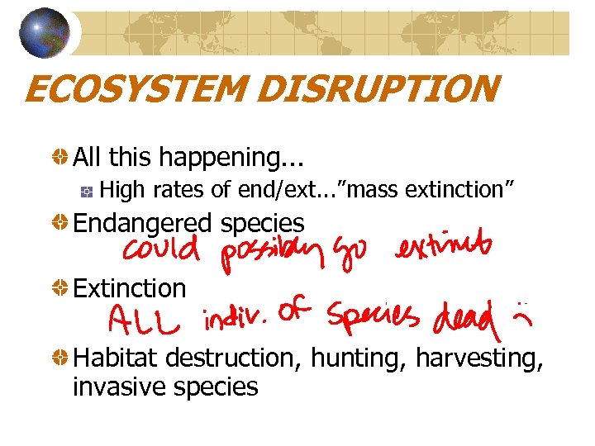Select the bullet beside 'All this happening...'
pos(60,156)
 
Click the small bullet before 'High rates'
pos(85,191)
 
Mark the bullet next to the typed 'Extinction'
pos(60,288)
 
